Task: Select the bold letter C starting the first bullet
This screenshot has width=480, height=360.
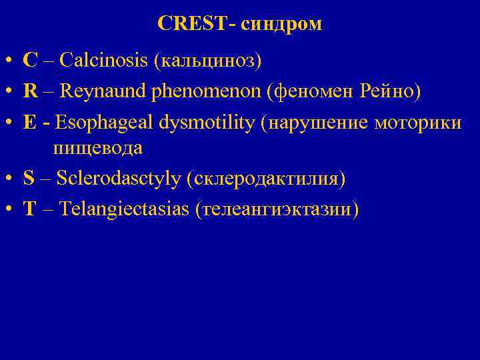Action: (x=29, y=61)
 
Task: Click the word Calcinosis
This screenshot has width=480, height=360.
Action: (x=104, y=61)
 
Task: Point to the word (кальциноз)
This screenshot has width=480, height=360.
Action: (x=207, y=61)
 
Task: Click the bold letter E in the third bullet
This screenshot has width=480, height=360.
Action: (x=29, y=122)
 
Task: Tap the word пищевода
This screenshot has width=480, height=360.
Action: (x=98, y=148)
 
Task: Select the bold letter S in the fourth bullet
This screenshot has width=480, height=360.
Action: (x=28, y=178)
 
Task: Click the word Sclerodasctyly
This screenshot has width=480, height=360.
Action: (x=119, y=179)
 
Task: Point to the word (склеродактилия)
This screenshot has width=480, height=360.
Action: (x=267, y=179)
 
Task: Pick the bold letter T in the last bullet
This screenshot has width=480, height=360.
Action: (x=29, y=209)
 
